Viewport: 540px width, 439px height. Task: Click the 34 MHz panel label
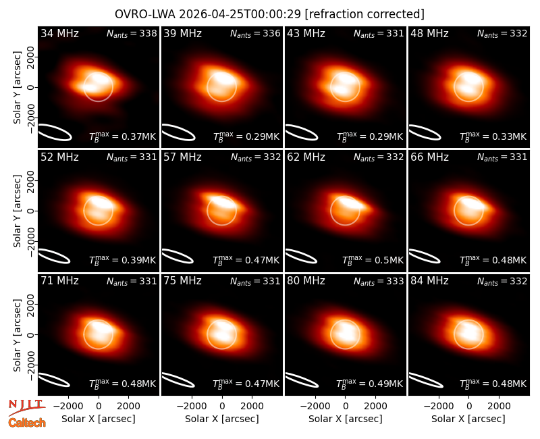[x=59, y=33]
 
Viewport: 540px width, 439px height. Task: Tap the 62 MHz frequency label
[x=306, y=157]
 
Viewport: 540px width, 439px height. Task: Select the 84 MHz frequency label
[x=429, y=281]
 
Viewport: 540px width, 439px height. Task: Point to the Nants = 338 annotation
[x=132, y=33]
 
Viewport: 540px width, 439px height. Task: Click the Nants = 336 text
[x=255, y=33]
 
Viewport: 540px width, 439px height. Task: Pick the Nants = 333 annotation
[x=379, y=282]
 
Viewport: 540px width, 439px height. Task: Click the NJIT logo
[x=26, y=407]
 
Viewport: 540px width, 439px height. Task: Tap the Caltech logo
[x=27, y=423]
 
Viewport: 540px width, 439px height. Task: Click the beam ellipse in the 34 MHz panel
[x=55, y=132]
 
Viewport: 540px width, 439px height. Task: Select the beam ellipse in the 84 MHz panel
[x=425, y=380]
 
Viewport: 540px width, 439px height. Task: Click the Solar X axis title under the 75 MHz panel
[x=222, y=419]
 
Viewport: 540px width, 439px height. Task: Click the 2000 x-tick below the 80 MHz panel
[x=375, y=406]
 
